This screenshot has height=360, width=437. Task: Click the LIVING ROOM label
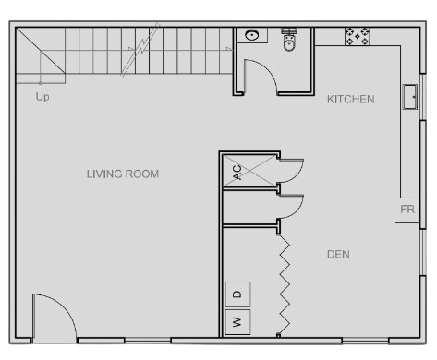pyautogui.click(x=123, y=174)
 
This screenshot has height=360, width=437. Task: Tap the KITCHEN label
pyautogui.click(x=351, y=100)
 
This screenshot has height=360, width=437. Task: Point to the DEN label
pyautogui.click(x=338, y=255)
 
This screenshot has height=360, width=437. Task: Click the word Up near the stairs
pyautogui.click(x=42, y=97)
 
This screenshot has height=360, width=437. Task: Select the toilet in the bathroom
pyautogui.click(x=289, y=40)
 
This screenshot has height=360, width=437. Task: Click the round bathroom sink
pyautogui.click(x=252, y=35)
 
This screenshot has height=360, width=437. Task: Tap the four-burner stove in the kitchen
pyautogui.click(x=358, y=37)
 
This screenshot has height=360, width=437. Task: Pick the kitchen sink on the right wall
pyautogui.click(x=410, y=97)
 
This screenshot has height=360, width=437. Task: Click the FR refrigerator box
pyautogui.click(x=407, y=210)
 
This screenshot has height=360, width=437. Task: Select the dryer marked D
pyautogui.click(x=237, y=294)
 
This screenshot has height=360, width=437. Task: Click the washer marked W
pyautogui.click(x=237, y=322)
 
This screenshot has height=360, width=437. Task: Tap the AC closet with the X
pyautogui.click(x=249, y=171)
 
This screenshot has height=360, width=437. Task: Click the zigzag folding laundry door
pyautogui.click(x=285, y=284)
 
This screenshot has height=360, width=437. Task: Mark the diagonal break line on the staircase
pyautogui.click(x=140, y=49)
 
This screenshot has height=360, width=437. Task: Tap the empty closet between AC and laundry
pyautogui.click(x=249, y=207)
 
